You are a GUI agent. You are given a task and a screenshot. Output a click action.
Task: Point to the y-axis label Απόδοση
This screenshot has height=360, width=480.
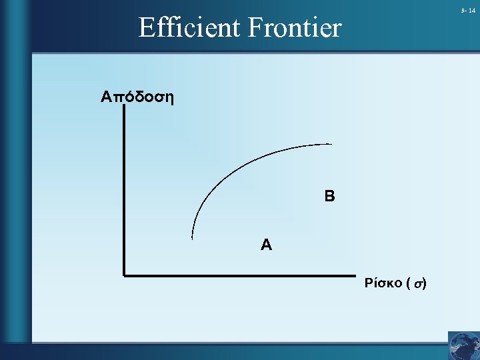pos(137,97)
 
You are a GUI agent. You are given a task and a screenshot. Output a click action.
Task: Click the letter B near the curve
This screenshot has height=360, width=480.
pos(329,197)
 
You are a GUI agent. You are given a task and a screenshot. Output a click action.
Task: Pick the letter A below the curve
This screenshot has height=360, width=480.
pos(266,245)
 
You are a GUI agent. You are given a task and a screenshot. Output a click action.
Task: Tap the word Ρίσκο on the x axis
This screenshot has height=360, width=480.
pos(383,283)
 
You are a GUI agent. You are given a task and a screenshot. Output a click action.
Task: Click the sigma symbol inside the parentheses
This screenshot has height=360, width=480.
pos(417,284)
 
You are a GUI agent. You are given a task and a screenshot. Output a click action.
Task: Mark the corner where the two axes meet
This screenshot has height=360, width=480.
pos(125,273)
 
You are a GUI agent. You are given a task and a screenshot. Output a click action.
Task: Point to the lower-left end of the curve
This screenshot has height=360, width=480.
pos(192,237)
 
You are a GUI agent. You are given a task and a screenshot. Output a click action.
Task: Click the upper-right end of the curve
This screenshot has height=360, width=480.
pos(331,144)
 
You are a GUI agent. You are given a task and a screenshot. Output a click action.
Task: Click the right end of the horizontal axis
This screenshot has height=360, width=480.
pos(354,274)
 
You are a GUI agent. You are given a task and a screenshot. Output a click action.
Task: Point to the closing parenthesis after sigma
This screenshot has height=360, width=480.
pos(424,284)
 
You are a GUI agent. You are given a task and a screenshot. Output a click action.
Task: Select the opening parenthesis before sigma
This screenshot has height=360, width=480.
pos(408,284)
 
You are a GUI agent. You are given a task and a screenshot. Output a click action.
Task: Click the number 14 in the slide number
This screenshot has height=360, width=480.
pos(472,11)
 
